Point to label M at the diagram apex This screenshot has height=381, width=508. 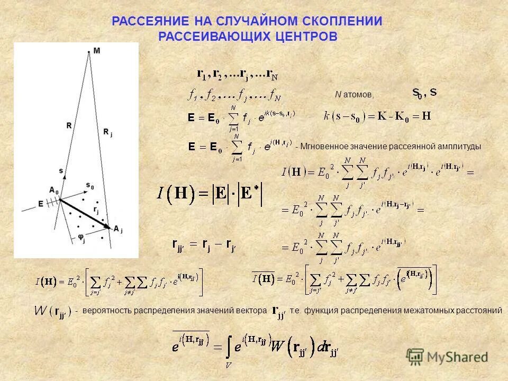pos(96,51)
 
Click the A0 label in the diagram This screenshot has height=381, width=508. pos(53,189)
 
